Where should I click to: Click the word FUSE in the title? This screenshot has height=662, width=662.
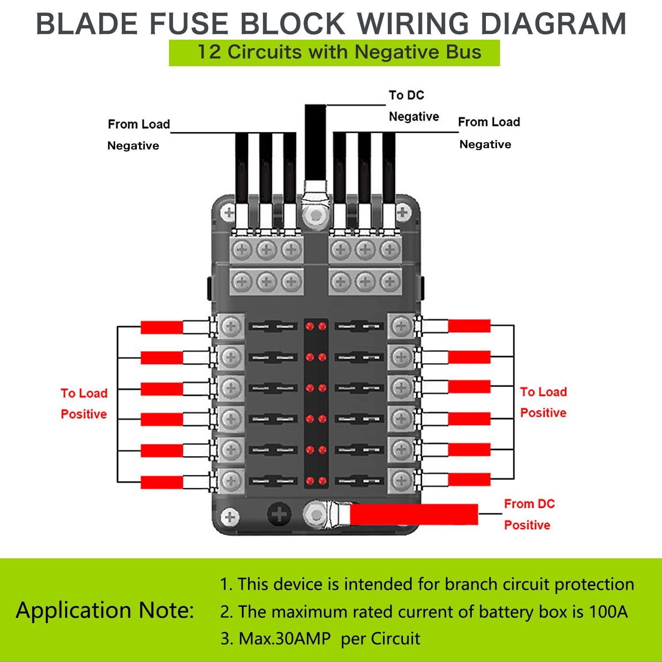189,23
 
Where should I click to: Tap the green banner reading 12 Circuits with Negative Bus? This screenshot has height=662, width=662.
334,53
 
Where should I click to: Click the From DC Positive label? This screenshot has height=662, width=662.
528,514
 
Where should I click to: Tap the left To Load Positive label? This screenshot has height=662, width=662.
84,403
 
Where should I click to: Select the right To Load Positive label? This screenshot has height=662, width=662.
543,402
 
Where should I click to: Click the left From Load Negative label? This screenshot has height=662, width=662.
138,135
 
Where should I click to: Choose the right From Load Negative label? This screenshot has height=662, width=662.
489,132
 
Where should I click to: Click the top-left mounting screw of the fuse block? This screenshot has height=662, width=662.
229,213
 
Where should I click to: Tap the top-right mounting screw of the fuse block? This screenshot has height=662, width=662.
402,212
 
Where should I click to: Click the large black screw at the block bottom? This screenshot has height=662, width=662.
279,514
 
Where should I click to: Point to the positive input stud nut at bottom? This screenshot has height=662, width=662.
316,515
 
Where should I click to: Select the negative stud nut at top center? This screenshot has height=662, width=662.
316,215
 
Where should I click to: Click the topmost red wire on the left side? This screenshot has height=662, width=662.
162,327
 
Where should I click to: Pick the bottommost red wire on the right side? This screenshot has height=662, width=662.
469,479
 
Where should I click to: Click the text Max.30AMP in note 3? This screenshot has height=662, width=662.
285,639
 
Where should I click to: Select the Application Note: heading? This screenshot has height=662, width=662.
105,610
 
